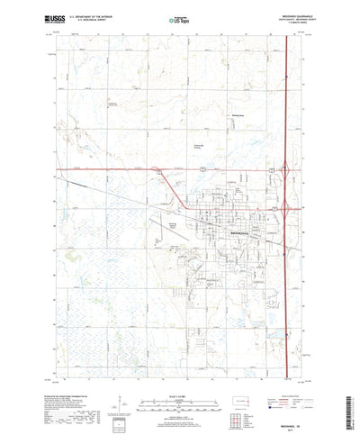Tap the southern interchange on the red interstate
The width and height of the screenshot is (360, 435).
click(x=283, y=209)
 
